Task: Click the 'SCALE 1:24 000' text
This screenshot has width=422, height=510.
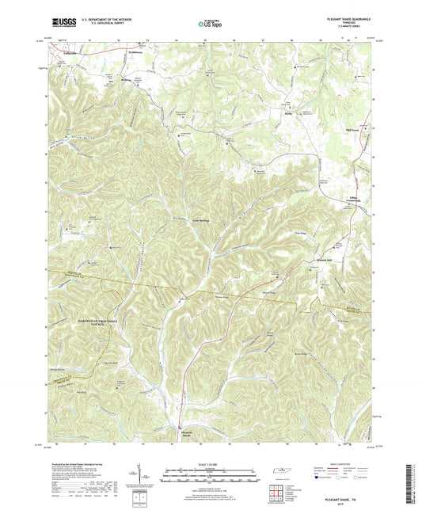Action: pyautogui.click(x=211, y=465)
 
